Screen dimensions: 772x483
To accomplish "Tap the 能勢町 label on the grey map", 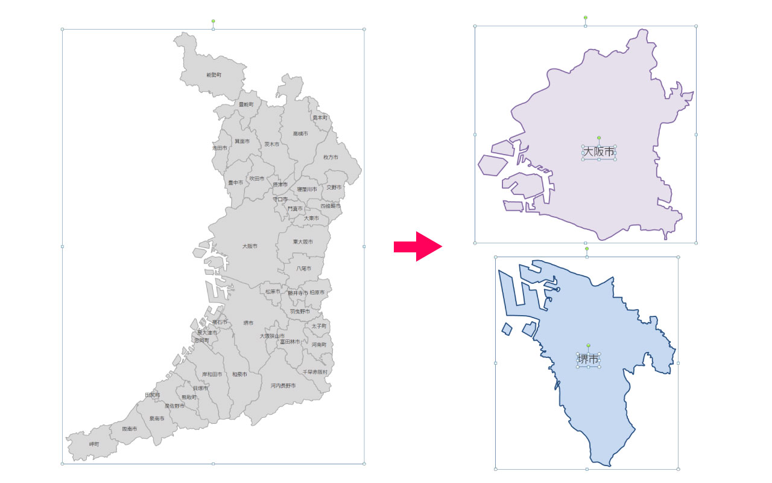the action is click(214, 75).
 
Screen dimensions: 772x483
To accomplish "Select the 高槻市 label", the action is click(300, 133).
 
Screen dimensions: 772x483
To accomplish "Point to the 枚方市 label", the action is click(331, 157).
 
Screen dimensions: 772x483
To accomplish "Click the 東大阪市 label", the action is click(303, 241).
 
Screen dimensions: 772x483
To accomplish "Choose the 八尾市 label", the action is click(303, 268).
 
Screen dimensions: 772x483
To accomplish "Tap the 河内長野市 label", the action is click(283, 385).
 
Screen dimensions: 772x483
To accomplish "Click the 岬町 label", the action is click(94, 444).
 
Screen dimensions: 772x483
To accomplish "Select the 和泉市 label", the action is click(239, 374).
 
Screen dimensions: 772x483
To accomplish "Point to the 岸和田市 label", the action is click(212, 374).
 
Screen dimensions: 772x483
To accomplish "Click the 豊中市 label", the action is click(235, 182).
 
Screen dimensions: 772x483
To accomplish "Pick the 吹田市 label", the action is click(257, 179).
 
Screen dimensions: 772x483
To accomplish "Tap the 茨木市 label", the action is click(271, 144).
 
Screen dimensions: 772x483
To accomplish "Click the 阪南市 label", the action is click(130, 429).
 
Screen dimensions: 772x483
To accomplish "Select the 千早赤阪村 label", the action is click(315, 372).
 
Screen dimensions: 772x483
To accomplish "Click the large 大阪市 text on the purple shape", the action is click(599, 152).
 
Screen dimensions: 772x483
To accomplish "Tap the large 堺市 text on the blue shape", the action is click(589, 359).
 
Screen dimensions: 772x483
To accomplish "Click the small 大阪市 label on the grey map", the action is click(250, 246).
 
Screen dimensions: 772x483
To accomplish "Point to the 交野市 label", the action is click(334, 187).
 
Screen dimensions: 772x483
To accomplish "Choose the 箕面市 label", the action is click(242, 141).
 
